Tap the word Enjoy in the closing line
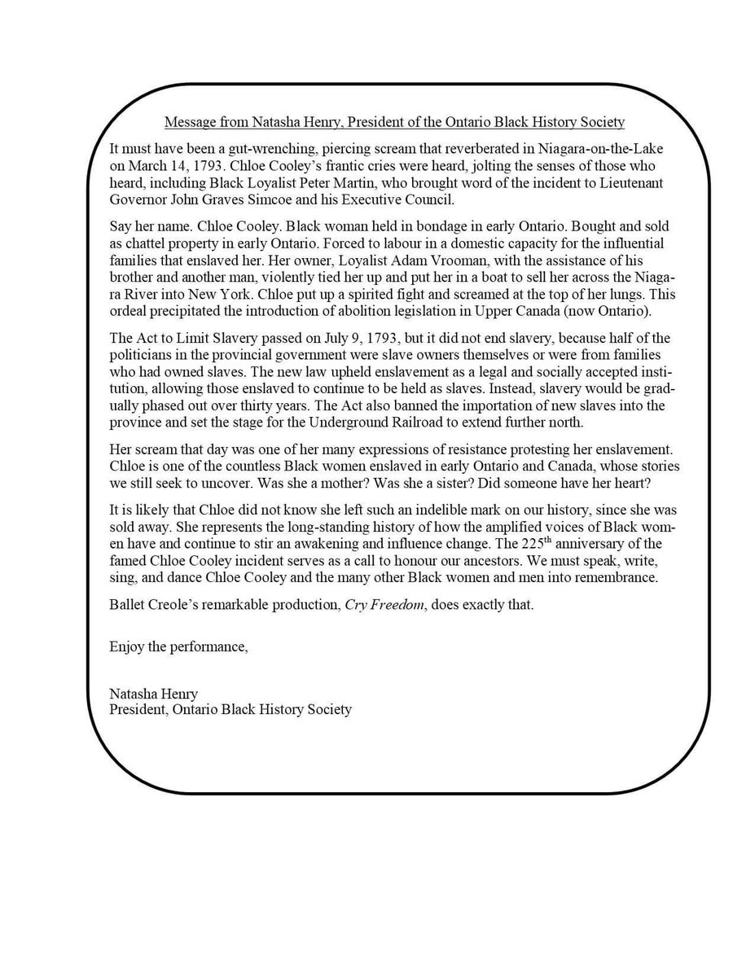click(x=127, y=647)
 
